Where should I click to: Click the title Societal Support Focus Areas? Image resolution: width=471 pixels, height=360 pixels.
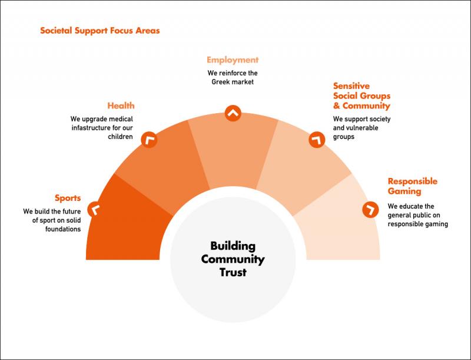(100, 31)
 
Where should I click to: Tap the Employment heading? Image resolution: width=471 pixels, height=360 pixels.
(233, 60)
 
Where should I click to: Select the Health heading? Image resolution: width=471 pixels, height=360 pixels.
(121, 106)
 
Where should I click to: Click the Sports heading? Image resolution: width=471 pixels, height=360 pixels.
(68, 199)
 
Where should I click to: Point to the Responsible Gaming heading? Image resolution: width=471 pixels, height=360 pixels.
(413, 186)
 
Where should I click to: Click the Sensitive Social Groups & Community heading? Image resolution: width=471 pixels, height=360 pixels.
(361, 96)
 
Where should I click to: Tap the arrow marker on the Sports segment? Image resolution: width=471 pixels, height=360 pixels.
(95, 209)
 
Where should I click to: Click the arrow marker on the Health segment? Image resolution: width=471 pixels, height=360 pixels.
(150, 140)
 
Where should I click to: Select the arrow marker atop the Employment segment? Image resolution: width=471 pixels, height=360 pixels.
(233, 113)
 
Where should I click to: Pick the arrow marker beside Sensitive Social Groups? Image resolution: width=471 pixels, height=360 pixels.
(317, 140)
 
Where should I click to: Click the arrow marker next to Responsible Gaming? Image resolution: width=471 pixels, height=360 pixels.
(370, 209)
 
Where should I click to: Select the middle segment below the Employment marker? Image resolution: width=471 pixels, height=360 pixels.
(233, 150)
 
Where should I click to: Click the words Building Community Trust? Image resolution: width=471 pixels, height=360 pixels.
(233, 259)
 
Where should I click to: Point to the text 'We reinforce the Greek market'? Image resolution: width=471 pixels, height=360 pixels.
(233, 78)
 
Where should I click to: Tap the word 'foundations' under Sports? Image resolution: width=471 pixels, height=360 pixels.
(63, 229)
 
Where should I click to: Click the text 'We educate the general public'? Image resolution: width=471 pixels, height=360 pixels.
(414, 211)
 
